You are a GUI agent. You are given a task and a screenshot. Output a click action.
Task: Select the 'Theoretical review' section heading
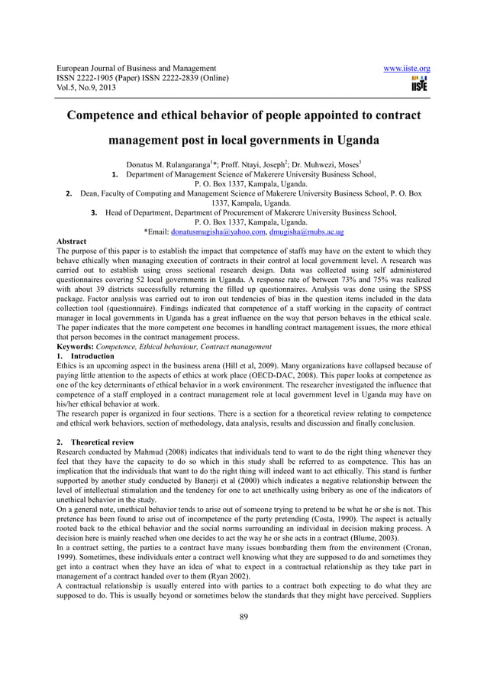pyautogui.click(x=102, y=442)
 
